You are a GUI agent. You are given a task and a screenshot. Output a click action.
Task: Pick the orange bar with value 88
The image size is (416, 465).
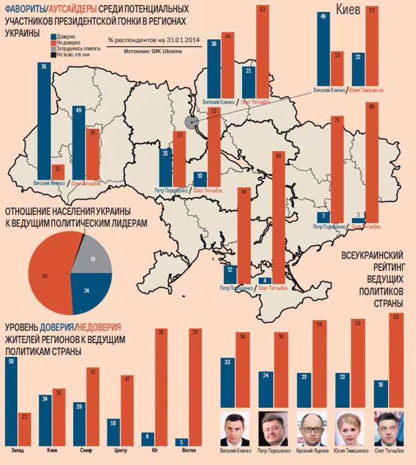coord(278,218)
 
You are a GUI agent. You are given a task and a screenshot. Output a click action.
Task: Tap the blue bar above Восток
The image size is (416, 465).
coord(181,441)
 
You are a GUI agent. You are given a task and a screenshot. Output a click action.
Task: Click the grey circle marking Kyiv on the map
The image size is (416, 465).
coord(191,122)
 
